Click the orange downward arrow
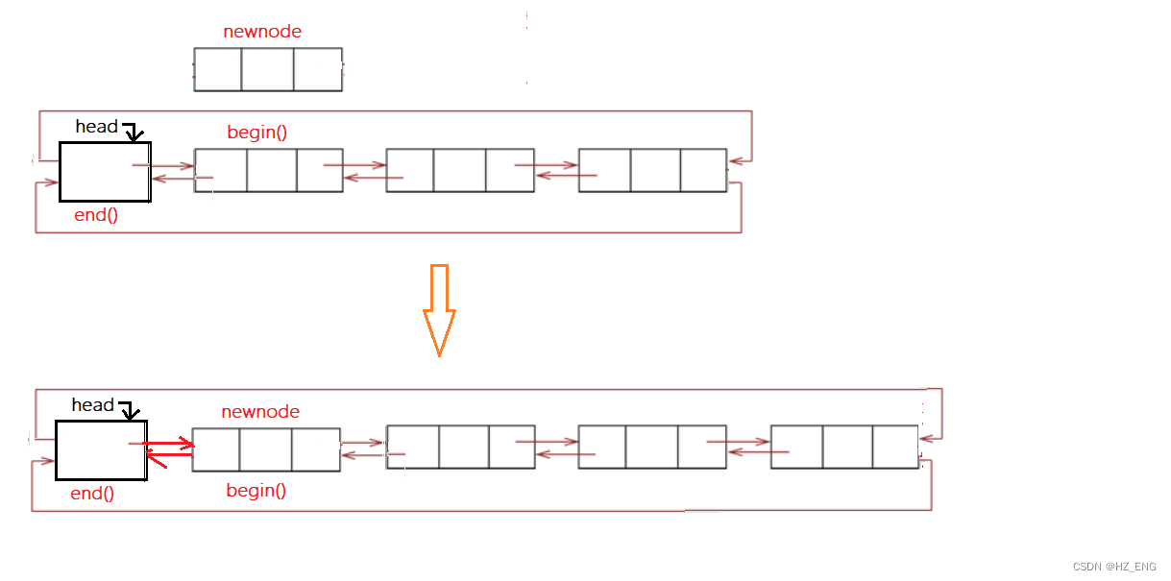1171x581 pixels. [x=439, y=310]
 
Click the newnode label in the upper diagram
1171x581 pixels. [x=262, y=32]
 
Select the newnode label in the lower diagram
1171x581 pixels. [x=260, y=412]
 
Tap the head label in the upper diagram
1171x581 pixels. [x=96, y=127]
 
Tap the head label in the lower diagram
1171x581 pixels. [x=92, y=405]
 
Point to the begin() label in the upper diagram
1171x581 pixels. [x=256, y=133]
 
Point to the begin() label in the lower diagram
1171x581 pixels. [x=256, y=491]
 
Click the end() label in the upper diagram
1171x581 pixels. [x=96, y=215]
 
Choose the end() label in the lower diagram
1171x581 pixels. [x=92, y=495]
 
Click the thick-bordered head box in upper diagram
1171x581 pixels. [x=105, y=172]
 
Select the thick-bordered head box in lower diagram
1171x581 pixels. [x=101, y=449]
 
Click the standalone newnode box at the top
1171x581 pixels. [x=268, y=69]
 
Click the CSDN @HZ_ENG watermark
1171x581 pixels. [x=1114, y=567]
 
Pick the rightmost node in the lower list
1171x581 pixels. [x=844, y=447]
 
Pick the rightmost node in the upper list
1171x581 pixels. [x=652, y=171]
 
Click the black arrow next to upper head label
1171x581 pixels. [x=134, y=132]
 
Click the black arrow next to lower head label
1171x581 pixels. [x=130, y=410]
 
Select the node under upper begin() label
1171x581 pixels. [x=268, y=171]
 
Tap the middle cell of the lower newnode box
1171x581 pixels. [x=265, y=449]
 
